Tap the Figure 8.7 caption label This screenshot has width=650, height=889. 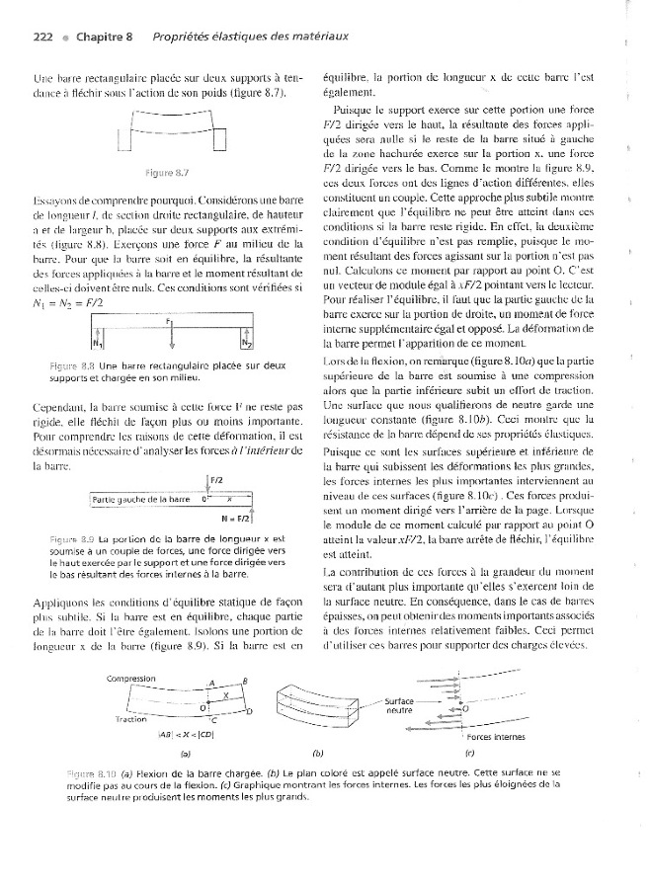173,173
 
